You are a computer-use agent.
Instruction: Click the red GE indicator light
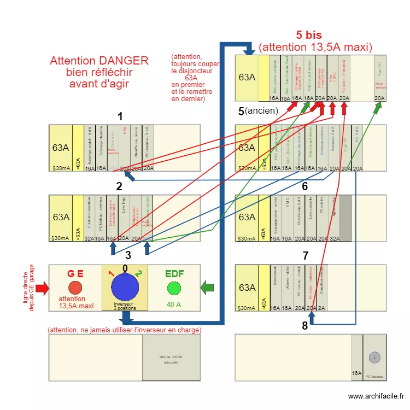click(75, 288)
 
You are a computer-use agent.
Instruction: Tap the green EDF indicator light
click(174, 288)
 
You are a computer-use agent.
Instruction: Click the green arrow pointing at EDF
click(207, 287)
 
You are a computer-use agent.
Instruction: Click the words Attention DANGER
click(99, 61)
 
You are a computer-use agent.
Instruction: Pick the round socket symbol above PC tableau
click(374, 358)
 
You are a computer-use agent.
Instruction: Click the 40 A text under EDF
click(174, 304)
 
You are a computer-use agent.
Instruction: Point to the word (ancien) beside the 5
click(262, 111)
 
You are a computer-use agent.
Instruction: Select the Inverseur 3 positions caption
click(125, 306)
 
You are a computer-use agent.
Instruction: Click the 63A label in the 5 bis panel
click(247, 77)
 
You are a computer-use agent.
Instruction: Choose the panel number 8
click(304, 326)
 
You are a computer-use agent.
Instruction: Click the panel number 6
click(304, 186)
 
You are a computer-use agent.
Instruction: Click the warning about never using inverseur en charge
click(125, 330)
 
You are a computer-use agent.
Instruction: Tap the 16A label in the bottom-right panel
click(356, 373)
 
